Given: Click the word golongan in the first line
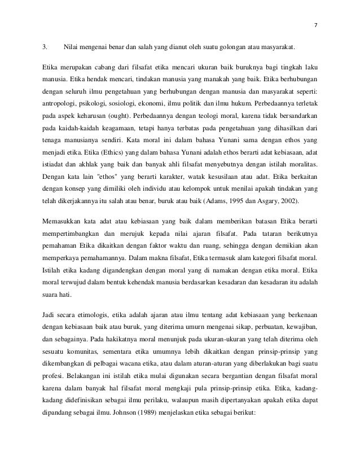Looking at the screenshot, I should point(231,46).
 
